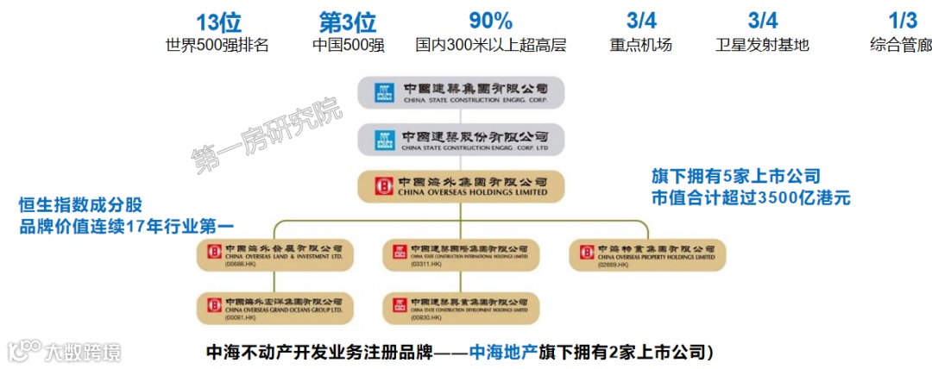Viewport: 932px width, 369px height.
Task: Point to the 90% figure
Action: point(490,20)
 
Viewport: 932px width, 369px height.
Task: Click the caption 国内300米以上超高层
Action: point(490,45)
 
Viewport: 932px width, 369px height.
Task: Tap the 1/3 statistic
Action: point(903,20)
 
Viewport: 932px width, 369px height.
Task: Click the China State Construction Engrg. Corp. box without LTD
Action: point(462,91)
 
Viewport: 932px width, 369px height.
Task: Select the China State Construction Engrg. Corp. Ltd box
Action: point(462,139)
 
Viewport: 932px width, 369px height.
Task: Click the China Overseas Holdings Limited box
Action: point(462,186)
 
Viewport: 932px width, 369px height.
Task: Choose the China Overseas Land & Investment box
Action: point(275,253)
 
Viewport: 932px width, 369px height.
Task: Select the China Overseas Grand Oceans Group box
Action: point(275,306)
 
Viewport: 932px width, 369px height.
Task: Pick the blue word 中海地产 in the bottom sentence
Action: point(502,353)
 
